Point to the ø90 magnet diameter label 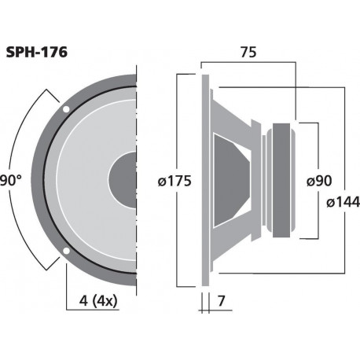pyautogui.click(x=318, y=181)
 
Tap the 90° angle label pyautogui.click(x=10, y=181)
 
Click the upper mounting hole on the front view pyautogui.click(x=65, y=108)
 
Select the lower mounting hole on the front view pyautogui.click(x=65, y=253)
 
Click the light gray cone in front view pyautogui.click(x=86, y=181)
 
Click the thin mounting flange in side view pyautogui.click(x=205, y=180)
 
